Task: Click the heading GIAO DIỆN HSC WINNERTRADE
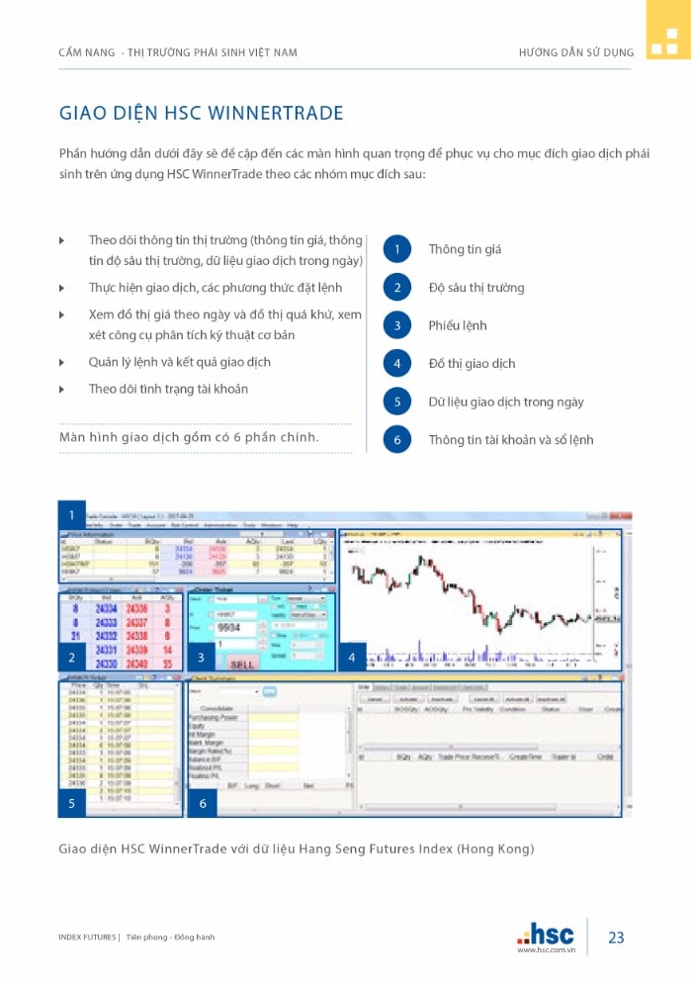coord(202,113)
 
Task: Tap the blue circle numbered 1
coord(396,249)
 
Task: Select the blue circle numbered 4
coord(396,363)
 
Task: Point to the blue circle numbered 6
coord(396,439)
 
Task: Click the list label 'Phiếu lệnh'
coord(458,325)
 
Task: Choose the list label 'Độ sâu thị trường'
coord(476,288)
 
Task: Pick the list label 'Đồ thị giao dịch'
coord(472,364)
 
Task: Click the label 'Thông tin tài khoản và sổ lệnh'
coord(511,440)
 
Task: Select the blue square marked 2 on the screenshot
coord(72,657)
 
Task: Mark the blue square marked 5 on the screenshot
coord(72,803)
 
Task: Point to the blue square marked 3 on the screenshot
coord(202,657)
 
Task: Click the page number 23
coord(616,937)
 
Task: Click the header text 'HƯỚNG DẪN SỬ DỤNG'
coord(576,52)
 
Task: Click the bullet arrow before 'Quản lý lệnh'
coord(62,363)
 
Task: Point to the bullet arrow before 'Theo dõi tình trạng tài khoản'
coord(62,390)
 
